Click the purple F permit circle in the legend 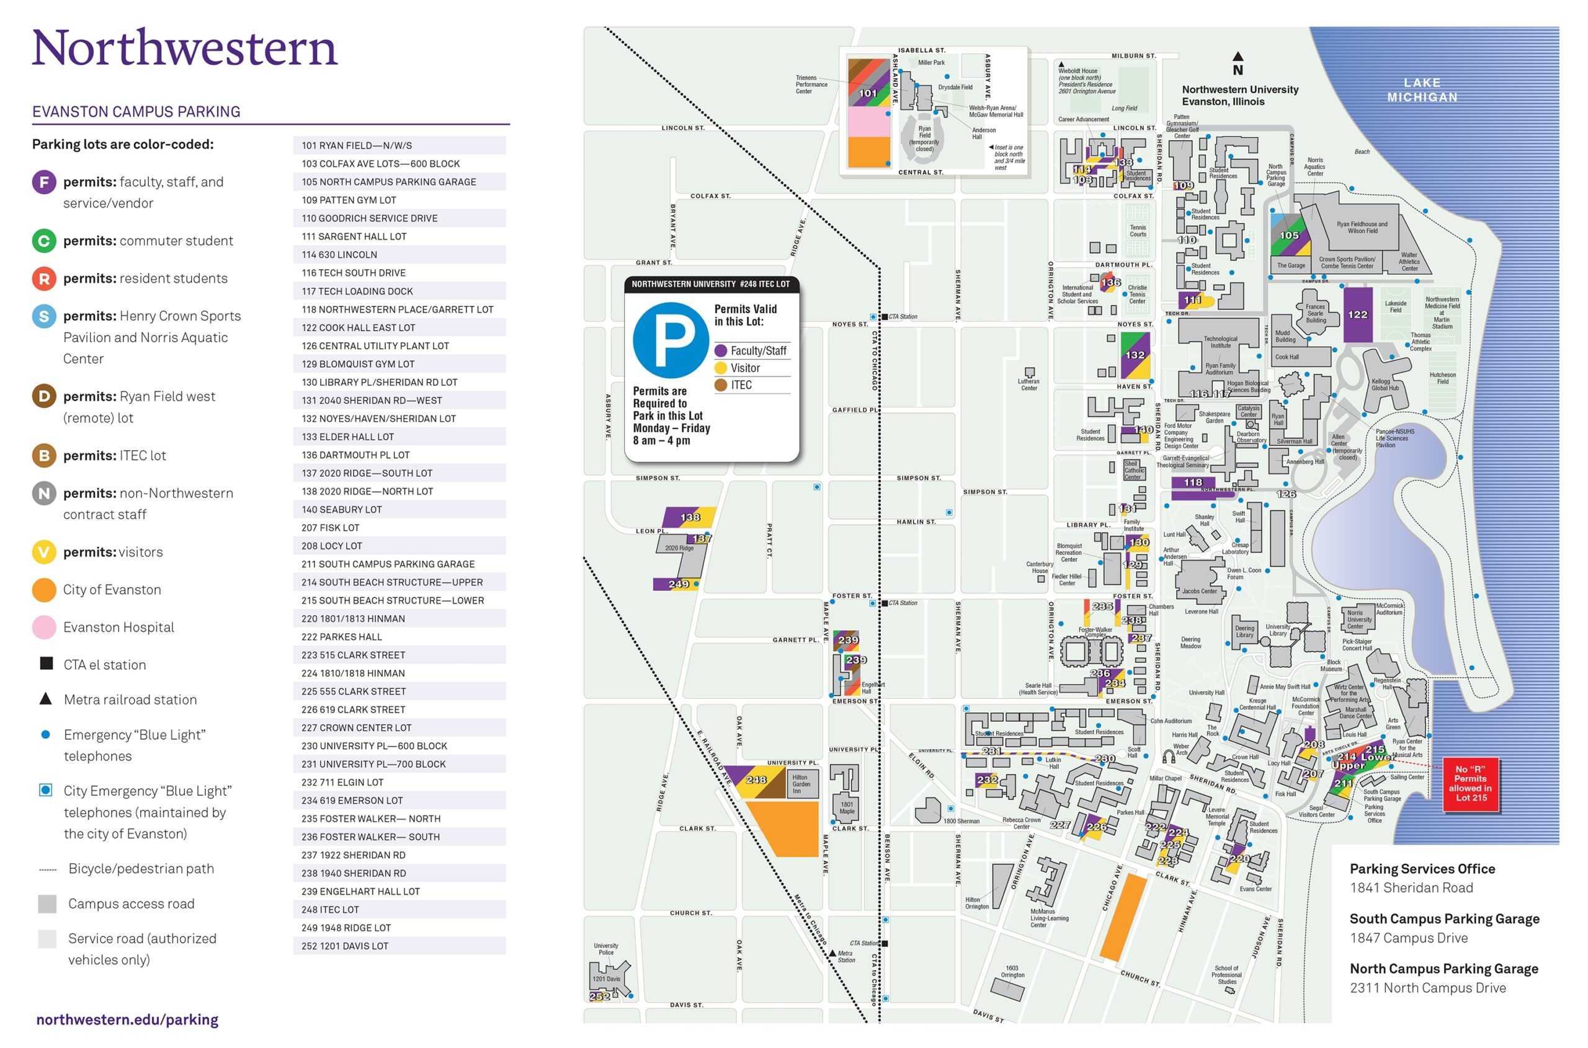[44, 182]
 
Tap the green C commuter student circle [44, 241]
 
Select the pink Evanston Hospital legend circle [44, 627]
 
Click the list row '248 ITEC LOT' [399, 909]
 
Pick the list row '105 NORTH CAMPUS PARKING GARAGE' [399, 182]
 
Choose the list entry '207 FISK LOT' [399, 527]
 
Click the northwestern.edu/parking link [127, 1019]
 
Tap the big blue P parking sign [671, 340]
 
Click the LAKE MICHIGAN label [1422, 89]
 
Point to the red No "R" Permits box [1470, 783]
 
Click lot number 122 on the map [1357, 314]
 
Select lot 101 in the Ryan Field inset [868, 94]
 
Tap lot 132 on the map [1135, 355]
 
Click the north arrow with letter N [1238, 64]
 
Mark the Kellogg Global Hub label [1384, 384]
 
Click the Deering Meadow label [1190, 642]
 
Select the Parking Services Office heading [1422, 868]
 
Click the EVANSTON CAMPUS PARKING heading [136, 112]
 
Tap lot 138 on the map [690, 517]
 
